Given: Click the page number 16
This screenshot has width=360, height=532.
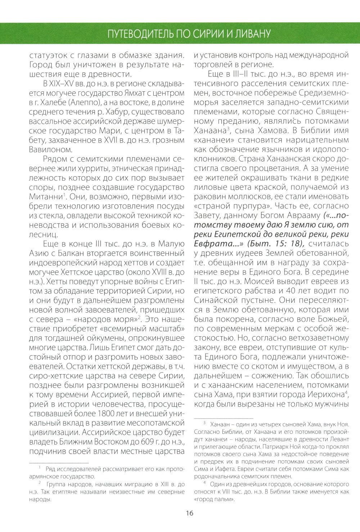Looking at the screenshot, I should click(x=190, y=513).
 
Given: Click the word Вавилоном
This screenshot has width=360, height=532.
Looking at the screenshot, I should click(x=50, y=149).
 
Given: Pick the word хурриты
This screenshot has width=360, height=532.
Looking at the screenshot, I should click(x=89, y=168).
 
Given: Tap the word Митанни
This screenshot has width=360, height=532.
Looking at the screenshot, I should click(x=46, y=196).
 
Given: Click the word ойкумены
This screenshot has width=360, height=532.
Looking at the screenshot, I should click(x=113, y=338).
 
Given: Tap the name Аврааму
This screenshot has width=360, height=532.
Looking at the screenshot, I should click(x=302, y=215).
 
